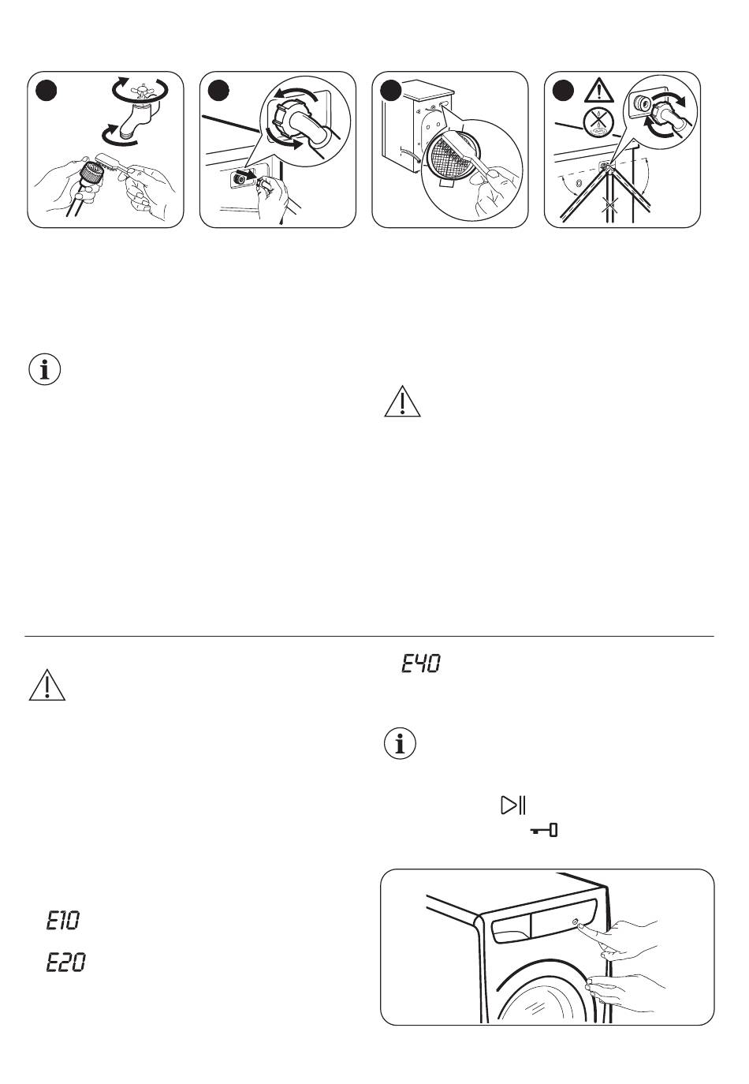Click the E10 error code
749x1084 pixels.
coord(63,921)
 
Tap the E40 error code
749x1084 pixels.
coord(421,663)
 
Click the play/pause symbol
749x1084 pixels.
coord(513,805)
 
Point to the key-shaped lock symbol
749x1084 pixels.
coord(544,830)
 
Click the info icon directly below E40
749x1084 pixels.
coord(400,746)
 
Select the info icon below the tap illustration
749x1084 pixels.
coord(44,370)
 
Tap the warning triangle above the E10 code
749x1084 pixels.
coord(47,686)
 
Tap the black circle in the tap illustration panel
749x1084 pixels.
coord(47,91)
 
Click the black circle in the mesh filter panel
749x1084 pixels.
coord(391,91)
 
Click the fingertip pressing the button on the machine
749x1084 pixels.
coord(580,924)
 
